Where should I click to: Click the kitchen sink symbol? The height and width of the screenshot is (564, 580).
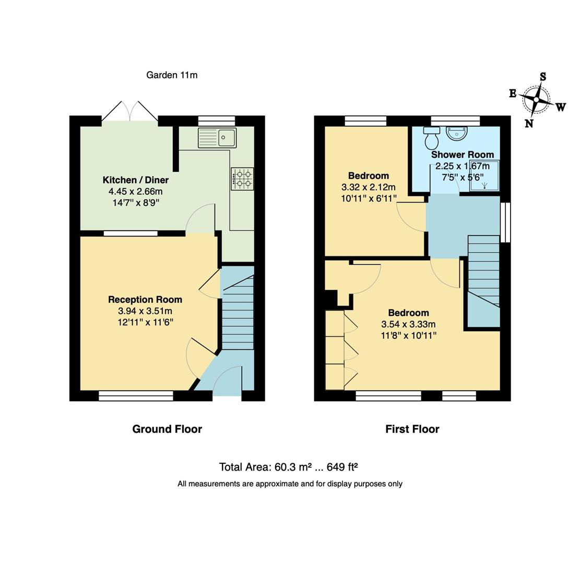click(217, 138)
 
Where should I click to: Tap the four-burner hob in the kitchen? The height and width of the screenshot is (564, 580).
click(243, 179)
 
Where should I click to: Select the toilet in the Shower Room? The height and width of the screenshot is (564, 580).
click(432, 138)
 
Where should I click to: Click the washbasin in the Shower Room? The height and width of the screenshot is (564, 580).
click(457, 134)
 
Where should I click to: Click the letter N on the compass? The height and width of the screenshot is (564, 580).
click(529, 123)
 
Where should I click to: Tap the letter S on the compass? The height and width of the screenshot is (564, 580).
click(543, 77)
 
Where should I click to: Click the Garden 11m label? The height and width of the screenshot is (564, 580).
click(172, 75)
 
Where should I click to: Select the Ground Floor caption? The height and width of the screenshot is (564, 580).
click(167, 429)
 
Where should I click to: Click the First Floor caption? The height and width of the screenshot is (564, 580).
click(412, 429)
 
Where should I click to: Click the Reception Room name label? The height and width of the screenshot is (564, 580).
click(145, 300)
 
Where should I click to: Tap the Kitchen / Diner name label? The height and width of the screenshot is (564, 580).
click(136, 180)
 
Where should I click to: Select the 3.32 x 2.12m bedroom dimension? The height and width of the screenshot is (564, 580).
click(369, 187)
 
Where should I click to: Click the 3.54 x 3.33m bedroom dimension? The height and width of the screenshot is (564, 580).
click(408, 324)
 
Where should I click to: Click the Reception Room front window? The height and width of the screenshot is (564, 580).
click(136, 396)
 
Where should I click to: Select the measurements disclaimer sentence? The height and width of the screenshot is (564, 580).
click(290, 484)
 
